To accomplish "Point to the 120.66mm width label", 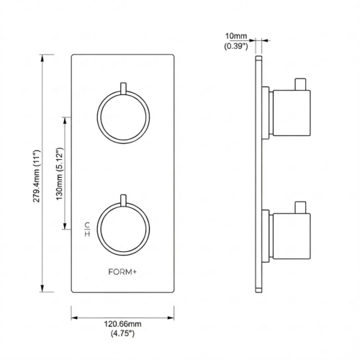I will [123, 325].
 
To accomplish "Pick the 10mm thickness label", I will [235, 35].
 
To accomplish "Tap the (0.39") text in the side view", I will [235, 45].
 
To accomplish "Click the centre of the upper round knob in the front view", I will [122, 116].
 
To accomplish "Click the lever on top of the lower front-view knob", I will [123, 197].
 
